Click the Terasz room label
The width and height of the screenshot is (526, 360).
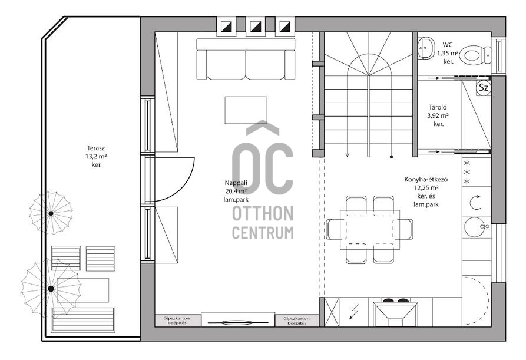[x=96, y=148]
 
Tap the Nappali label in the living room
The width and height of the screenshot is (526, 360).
[x=236, y=183]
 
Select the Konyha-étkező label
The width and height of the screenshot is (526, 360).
[x=426, y=179]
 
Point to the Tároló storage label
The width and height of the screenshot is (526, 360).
[x=438, y=108]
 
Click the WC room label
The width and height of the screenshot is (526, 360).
[x=448, y=45]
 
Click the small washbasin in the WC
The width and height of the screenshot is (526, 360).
[x=425, y=48]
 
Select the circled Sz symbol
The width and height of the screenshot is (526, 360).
[x=484, y=88]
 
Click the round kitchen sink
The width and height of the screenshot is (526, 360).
[x=474, y=227]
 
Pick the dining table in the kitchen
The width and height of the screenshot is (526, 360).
[x=370, y=230]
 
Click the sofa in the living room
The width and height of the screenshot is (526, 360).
[x=246, y=60]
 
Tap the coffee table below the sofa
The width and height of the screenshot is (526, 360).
[x=246, y=110]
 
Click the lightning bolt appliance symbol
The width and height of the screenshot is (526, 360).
[x=354, y=312]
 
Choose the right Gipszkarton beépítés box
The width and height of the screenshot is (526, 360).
[x=296, y=321]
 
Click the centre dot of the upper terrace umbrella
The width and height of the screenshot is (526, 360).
[x=51, y=213]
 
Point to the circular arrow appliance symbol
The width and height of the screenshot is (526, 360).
[x=475, y=202]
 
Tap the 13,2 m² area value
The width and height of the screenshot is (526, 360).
[x=96, y=156]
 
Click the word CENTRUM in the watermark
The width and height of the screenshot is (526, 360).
[x=263, y=233]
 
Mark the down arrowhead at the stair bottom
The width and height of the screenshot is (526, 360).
[x=347, y=155]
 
